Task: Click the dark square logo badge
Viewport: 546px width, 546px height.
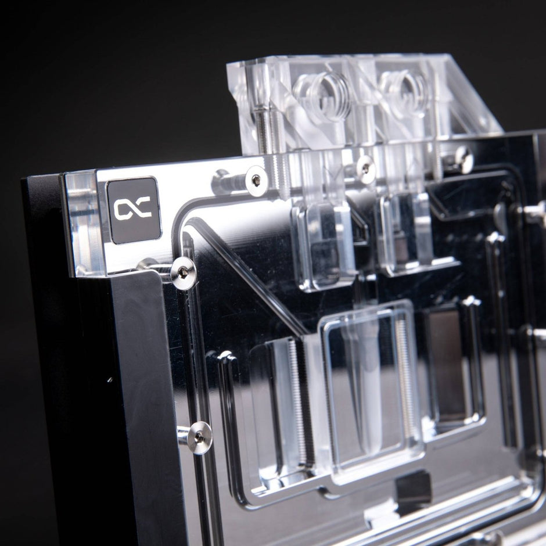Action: click(134, 210)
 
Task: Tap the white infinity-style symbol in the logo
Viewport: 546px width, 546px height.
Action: click(132, 209)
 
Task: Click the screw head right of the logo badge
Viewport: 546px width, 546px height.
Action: click(256, 181)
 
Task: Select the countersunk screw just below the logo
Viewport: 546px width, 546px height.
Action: click(183, 273)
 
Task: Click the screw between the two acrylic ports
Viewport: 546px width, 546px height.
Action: click(365, 169)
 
